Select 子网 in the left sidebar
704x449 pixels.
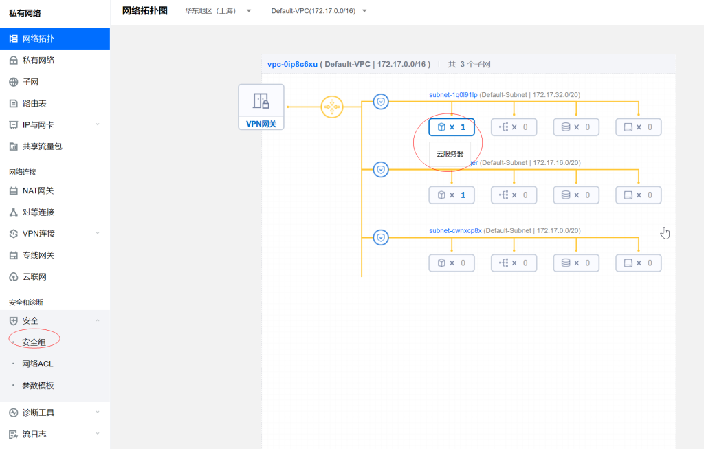point(30,82)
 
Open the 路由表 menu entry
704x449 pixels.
point(34,103)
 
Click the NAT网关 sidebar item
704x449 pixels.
point(38,191)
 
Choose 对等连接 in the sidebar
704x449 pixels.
point(38,212)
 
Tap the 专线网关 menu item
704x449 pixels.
point(38,255)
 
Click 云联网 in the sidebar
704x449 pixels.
point(34,276)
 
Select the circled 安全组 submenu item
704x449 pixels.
point(34,342)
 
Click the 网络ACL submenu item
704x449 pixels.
point(38,364)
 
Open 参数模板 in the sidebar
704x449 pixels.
point(38,385)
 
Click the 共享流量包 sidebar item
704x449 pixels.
point(42,146)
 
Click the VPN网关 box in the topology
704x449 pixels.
point(261,107)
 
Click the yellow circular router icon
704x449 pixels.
point(332,107)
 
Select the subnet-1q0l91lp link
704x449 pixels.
point(453,95)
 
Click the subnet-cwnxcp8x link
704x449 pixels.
point(455,231)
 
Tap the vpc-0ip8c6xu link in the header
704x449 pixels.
point(292,64)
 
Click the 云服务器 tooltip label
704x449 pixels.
point(450,154)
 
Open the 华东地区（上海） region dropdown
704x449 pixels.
point(218,11)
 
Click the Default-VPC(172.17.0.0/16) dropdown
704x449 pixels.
point(319,11)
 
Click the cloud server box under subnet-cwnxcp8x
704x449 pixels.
point(452,263)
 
